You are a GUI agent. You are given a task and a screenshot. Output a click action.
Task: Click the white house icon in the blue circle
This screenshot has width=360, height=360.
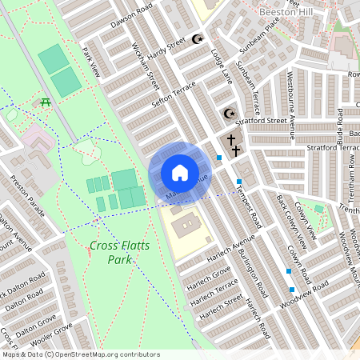180,173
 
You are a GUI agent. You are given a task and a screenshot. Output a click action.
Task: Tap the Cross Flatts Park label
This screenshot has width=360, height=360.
110,253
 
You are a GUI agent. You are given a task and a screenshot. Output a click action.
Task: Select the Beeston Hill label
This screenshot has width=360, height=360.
290,12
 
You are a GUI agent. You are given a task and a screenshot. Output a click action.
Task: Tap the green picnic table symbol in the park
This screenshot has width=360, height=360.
46,102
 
